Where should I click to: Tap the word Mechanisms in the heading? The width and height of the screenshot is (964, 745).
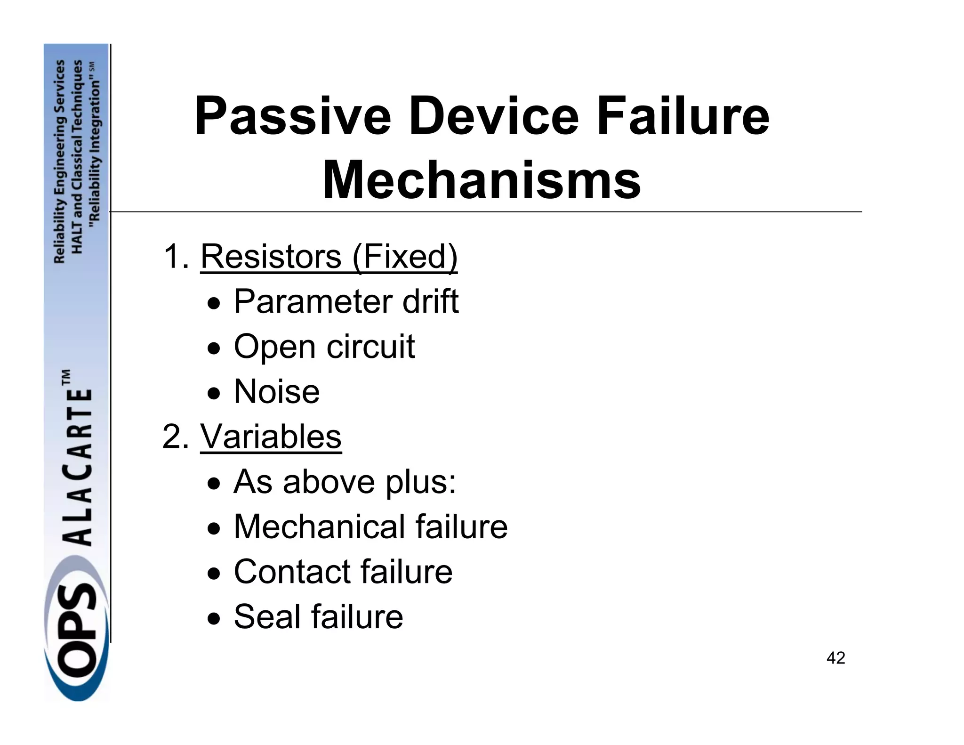tap(482, 180)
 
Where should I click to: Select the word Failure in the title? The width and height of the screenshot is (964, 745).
tap(683, 116)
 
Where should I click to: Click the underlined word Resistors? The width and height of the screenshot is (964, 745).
tap(271, 257)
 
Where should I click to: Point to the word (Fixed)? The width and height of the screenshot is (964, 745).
tap(404, 258)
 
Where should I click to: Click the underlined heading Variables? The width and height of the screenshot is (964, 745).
tap(271, 437)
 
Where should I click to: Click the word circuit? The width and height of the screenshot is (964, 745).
tap(371, 347)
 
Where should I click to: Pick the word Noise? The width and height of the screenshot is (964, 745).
tap(277, 392)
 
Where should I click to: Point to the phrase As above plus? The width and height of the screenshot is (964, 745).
tap(345, 482)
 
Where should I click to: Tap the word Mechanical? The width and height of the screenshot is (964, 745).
tap(318, 526)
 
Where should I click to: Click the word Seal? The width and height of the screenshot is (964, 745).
tap(266, 616)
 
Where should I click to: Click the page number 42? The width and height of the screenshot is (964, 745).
tap(835, 658)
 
